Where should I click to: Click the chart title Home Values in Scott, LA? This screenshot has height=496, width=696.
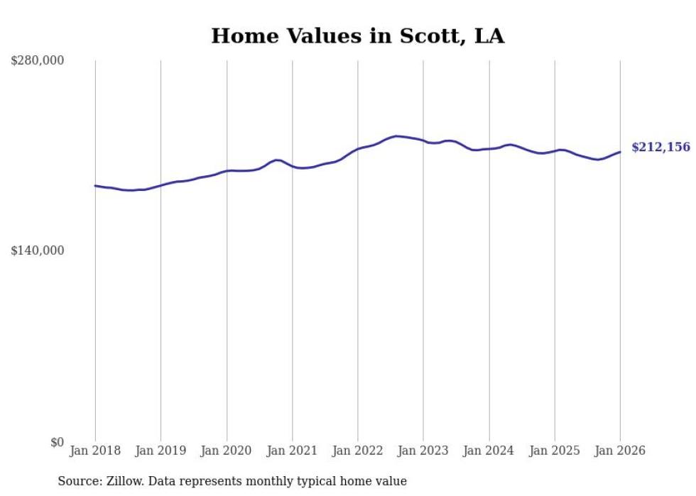point(357,36)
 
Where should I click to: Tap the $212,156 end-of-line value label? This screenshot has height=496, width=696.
point(660,148)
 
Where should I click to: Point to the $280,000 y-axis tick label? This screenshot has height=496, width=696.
point(38,61)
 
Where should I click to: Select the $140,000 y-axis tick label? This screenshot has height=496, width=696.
point(38,250)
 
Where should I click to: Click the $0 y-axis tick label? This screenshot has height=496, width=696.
point(57,442)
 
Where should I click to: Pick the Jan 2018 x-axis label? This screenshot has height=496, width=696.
point(95,451)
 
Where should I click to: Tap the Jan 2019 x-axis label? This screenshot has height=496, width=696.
point(161,451)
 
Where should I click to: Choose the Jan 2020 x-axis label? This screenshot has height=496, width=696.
point(227,451)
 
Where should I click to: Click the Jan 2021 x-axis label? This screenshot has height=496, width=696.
point(292,451)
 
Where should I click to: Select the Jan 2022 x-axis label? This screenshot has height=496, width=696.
point(357,451)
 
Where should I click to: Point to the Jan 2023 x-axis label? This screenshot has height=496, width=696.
point(423,451)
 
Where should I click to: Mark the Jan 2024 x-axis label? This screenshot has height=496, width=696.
point(489,451)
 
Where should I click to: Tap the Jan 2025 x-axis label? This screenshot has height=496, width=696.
point(554,451)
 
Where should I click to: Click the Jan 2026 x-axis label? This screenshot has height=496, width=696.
point(620,451)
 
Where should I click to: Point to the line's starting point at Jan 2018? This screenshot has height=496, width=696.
point(95,186)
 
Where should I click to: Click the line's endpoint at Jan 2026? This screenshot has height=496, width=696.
point(620,152)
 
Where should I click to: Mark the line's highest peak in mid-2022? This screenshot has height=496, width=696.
point(396,136)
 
